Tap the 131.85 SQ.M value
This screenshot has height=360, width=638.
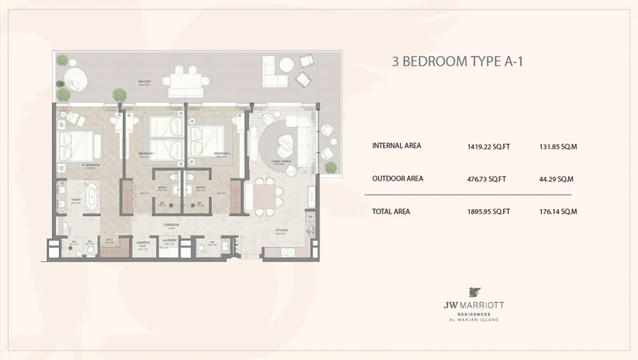click(558, 146)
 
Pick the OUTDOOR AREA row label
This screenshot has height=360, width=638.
click(398, 178)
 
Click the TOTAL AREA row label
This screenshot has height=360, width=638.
click(391, 211)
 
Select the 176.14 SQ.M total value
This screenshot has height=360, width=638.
click(558, 212)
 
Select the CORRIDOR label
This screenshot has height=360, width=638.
click(170, 225)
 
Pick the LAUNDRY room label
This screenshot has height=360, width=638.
click(169, 240)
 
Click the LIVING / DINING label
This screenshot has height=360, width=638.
click(282, 161)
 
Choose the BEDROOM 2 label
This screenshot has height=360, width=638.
click(222, 153)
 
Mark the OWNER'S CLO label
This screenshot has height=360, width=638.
click(143, 243)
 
